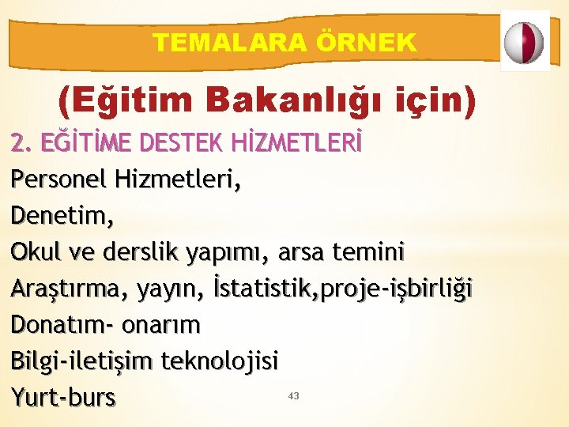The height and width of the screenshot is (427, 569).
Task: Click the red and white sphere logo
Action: tap(525, 42)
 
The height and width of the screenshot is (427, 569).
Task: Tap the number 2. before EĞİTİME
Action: tap(20, 144)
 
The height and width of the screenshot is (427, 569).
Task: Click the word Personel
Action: tap(58, 179)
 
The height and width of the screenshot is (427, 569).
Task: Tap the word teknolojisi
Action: tap(220, 361)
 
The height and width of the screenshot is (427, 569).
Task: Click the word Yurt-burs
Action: tap(64, 397)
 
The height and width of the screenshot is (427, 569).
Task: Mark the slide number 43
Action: tap(294, 395)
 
